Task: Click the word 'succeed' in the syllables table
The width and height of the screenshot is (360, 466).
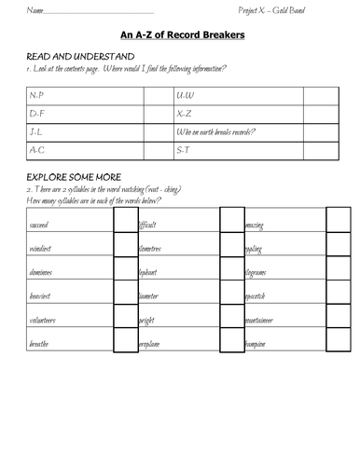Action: pos(40,226)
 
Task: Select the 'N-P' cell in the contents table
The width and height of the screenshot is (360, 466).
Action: pos(37,96)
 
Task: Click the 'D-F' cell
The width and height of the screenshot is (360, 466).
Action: pos(37,114)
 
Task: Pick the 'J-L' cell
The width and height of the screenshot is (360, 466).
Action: pos(36,131)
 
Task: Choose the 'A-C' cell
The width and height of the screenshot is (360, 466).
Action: pos(37,149)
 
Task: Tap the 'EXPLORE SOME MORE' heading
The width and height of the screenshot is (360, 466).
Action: pos(67,177)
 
